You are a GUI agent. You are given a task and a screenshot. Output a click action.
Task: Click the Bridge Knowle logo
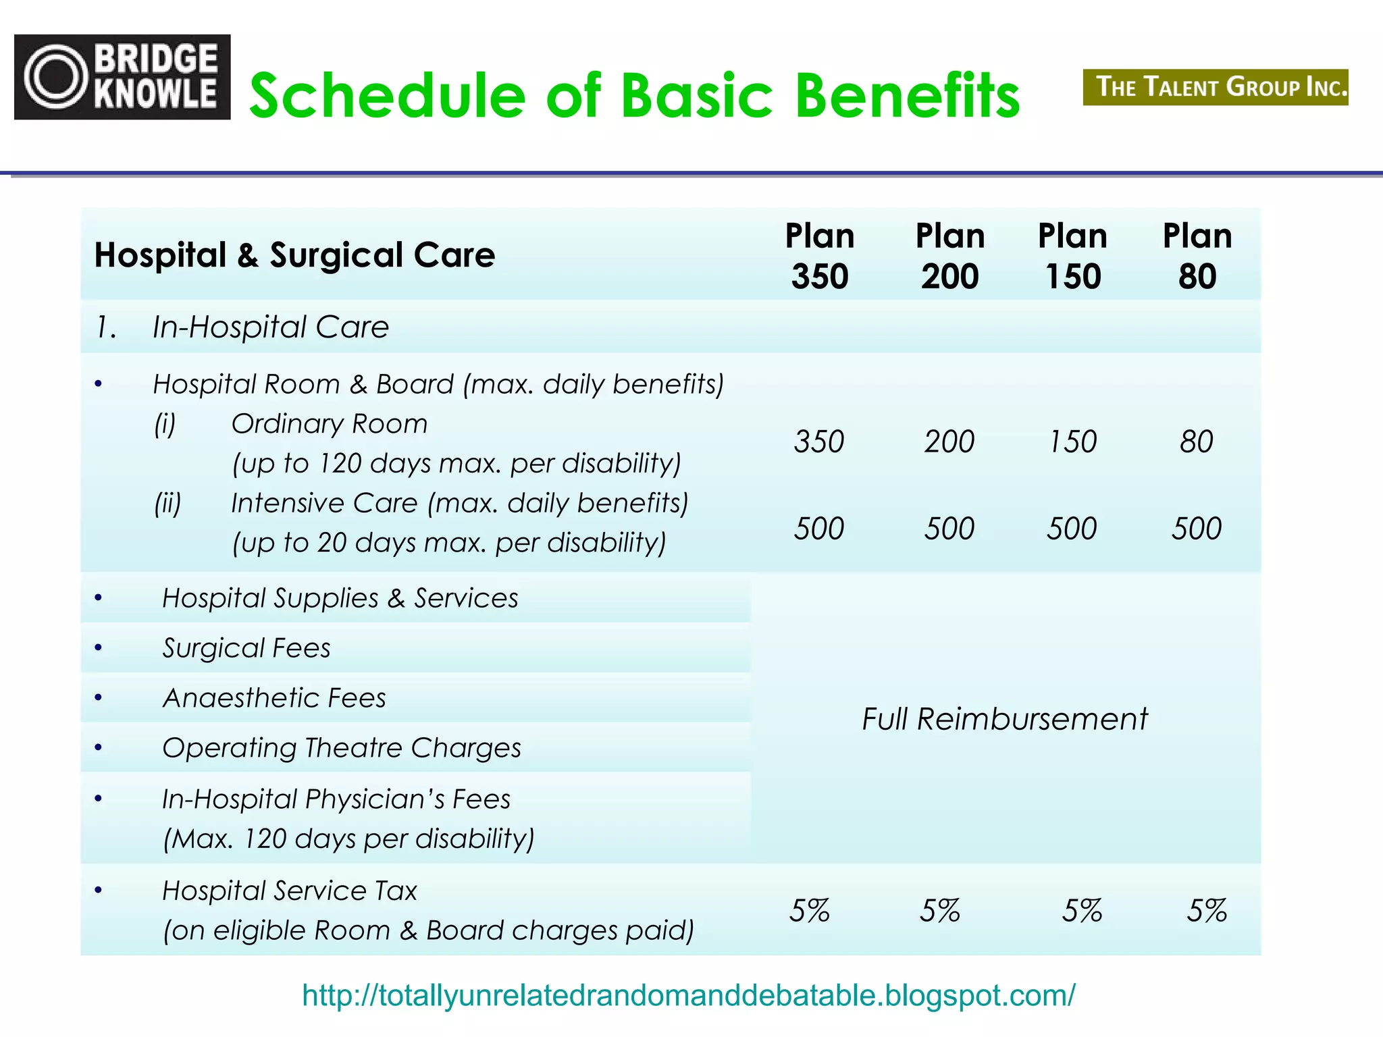coord(122,77)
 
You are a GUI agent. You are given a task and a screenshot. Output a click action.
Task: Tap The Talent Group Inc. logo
coord(1216,87)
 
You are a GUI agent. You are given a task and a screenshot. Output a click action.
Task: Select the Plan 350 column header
coord(819,256)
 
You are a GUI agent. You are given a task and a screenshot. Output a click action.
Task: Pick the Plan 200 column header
coord(949,256)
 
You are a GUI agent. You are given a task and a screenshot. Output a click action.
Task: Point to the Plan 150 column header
coord(1072,256)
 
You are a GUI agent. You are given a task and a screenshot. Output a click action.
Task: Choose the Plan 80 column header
coord(1197,256)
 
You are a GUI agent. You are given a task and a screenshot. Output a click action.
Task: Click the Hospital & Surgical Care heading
coord(294,255)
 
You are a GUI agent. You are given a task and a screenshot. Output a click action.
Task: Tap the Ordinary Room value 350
coord(818,442)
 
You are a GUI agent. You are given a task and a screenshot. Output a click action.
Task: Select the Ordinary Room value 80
coord(1196,442)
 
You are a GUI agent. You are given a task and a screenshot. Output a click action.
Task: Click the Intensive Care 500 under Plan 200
coord(949,528)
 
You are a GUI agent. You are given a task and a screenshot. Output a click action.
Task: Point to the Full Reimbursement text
coord(1004,719)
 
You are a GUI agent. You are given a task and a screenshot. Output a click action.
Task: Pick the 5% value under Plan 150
coord(1081,911)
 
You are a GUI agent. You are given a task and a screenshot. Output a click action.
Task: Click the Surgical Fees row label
coord(246,648)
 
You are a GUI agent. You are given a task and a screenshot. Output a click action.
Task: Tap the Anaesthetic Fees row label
coord(274,698)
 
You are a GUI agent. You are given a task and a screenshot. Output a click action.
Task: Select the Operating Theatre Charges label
coord(342,748)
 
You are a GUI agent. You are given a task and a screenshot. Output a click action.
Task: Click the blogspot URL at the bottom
coord(688,995)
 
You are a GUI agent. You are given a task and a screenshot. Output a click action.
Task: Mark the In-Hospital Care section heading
coord(270,327)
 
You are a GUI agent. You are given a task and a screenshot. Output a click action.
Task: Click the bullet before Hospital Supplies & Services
coord(99,597)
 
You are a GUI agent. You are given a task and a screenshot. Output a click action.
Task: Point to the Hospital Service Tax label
coord(290,891)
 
